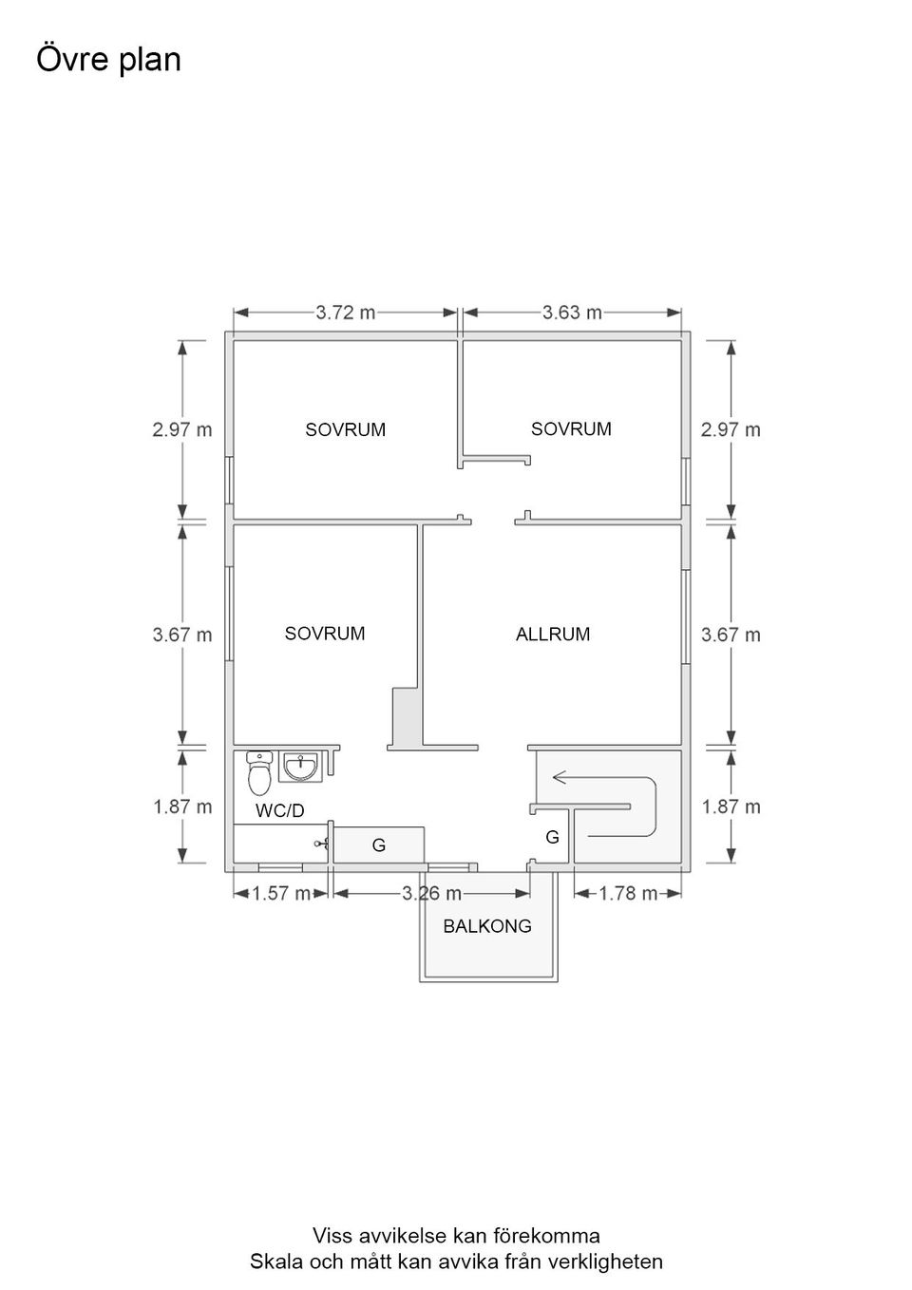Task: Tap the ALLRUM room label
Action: (553, 634)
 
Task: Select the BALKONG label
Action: (487, 926)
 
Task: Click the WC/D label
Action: (280, 811)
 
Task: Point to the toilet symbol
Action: (259, 772)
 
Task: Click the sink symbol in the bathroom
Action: (300, 766)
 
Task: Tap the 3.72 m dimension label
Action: (346, 313)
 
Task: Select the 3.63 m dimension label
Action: (572, 313)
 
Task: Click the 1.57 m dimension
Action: (281, 893)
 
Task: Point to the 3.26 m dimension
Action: (432, 893)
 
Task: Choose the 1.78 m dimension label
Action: (628, 893)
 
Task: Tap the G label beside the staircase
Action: (552, 837)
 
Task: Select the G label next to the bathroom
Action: (379, 844)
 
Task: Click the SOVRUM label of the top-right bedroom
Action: (571, 428)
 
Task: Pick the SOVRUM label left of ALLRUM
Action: (325, 634)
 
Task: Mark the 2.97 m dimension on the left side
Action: (182, 429)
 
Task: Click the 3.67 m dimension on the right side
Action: (731, 635)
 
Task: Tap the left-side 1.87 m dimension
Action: (182, 806)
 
